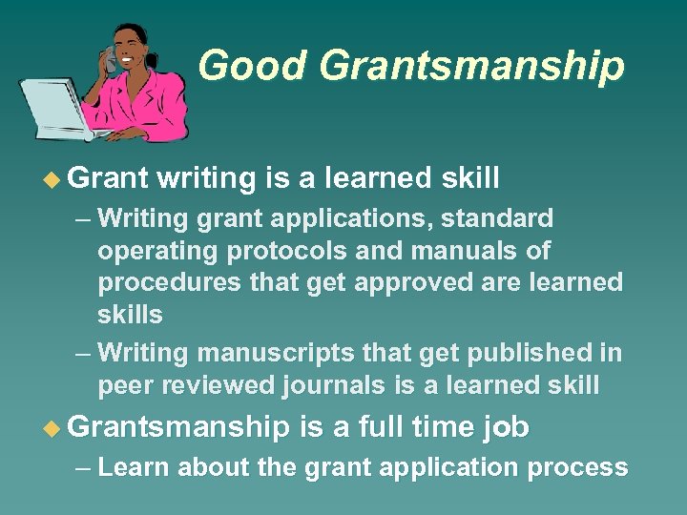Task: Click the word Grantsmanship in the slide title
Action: coord(472,66)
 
